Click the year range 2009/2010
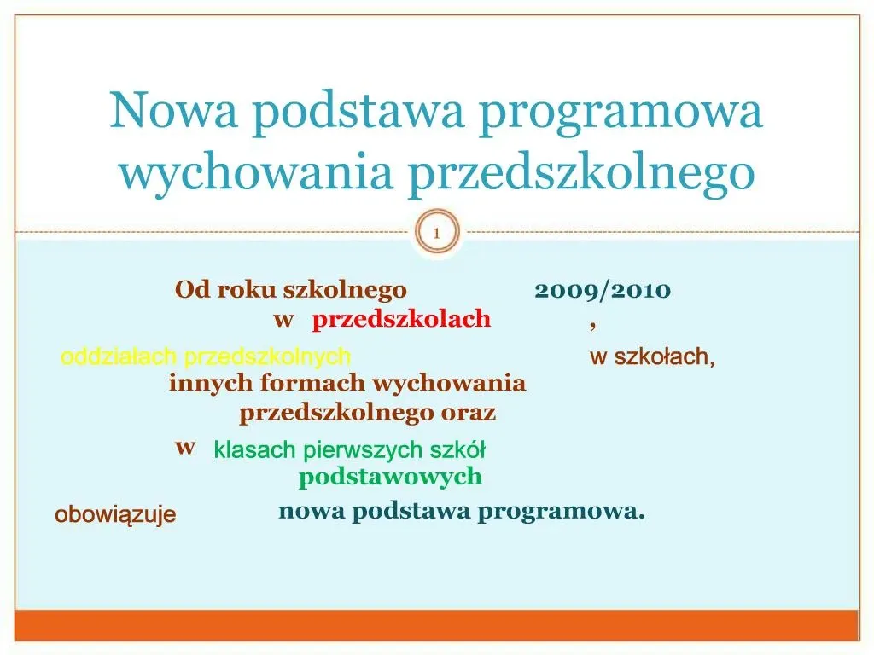(603, 291)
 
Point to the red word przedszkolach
(401, 320)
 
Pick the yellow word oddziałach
(119, 357)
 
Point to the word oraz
(468, 414)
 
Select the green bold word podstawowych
(390, 477)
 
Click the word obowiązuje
(115, 515)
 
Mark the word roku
(248, 291)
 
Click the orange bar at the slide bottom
(436, 625)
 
